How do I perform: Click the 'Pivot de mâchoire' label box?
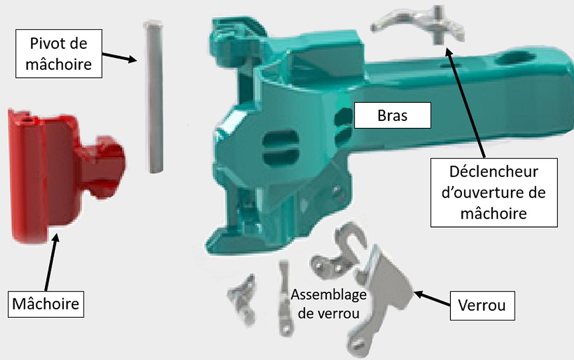coord(58,53)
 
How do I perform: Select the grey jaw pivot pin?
coord(153,97)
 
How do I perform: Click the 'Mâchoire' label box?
coord(46,304)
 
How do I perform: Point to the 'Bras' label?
coord(392,115)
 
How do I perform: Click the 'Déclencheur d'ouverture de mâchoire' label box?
coord(494,193)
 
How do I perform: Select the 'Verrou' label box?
coord(482,305)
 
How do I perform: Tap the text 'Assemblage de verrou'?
coord(328,304)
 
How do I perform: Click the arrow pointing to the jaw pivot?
coord(119,57)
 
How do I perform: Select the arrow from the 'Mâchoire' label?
coord(51,262)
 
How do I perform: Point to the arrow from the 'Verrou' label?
coord(432,298)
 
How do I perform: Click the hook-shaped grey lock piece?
coord(339,253)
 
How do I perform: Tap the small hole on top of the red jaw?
coord(27,119)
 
